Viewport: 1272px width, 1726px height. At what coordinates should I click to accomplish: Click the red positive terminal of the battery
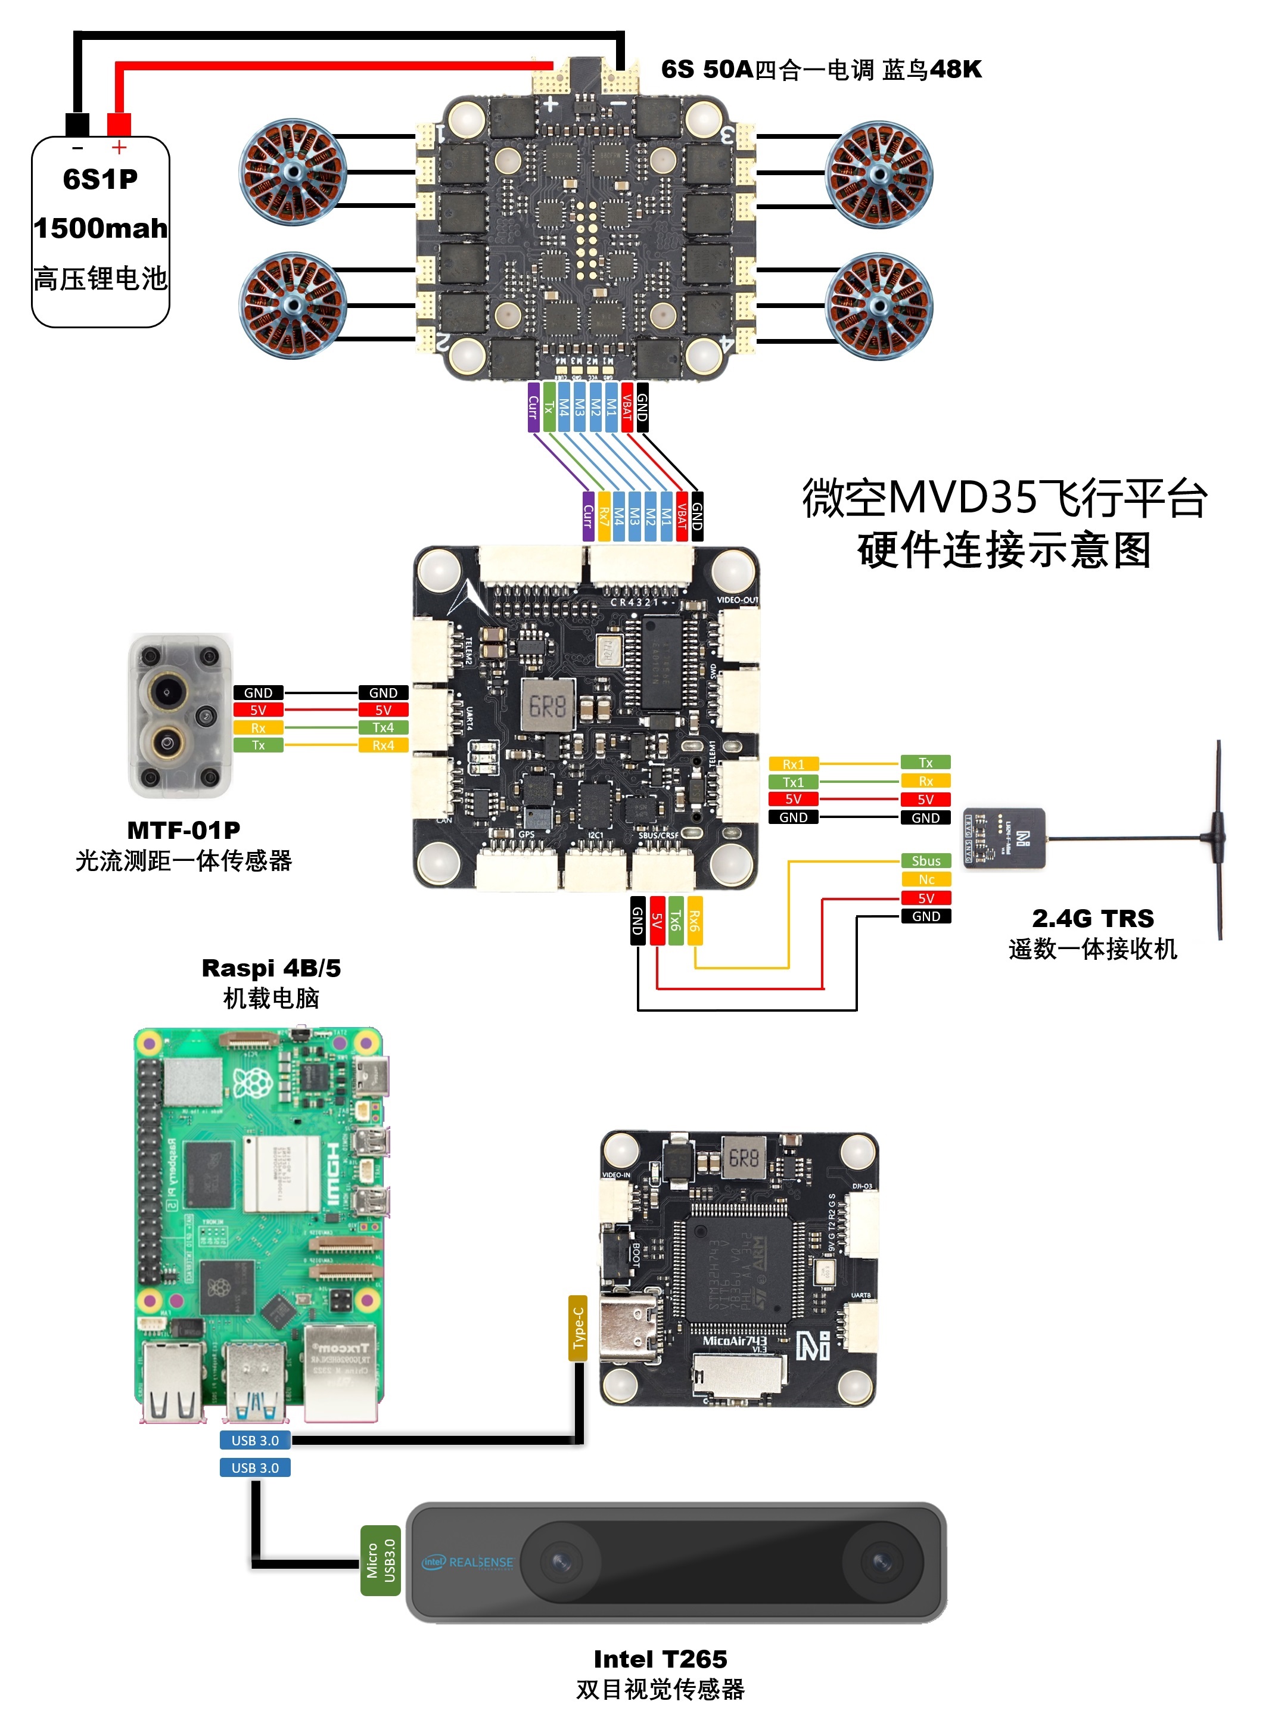coord(119,124)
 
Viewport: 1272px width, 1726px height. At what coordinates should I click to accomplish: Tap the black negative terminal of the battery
coord(77,124)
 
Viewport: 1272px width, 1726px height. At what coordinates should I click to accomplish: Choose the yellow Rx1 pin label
coord(793,764)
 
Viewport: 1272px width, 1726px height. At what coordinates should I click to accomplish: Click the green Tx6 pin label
coord(675,920)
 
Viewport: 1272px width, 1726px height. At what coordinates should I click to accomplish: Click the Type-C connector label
coord(577,1328)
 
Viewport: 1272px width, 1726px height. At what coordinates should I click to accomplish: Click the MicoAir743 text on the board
coord(733,1341)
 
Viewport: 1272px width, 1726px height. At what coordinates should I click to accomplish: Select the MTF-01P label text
coord(184,830)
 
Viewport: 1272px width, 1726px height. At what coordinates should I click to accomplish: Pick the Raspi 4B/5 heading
coord(271,968)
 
